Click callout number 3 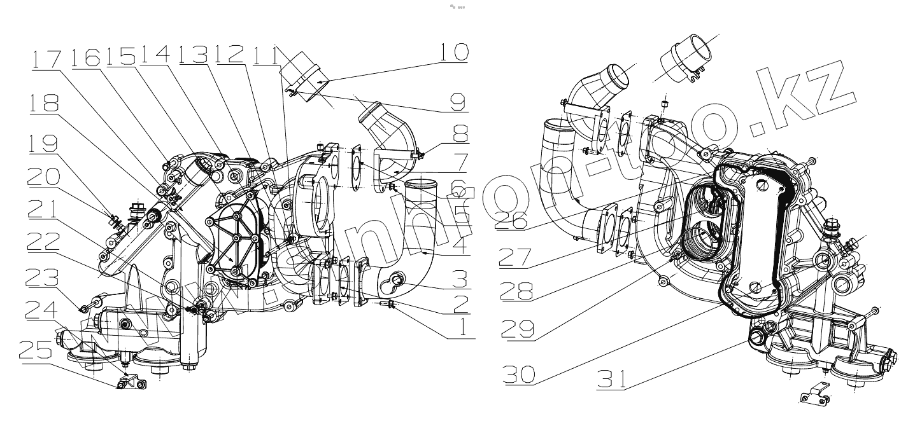click(460, 278)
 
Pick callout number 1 click(460, 327)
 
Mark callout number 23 click(41, 277)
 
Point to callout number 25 click(39, 350)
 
